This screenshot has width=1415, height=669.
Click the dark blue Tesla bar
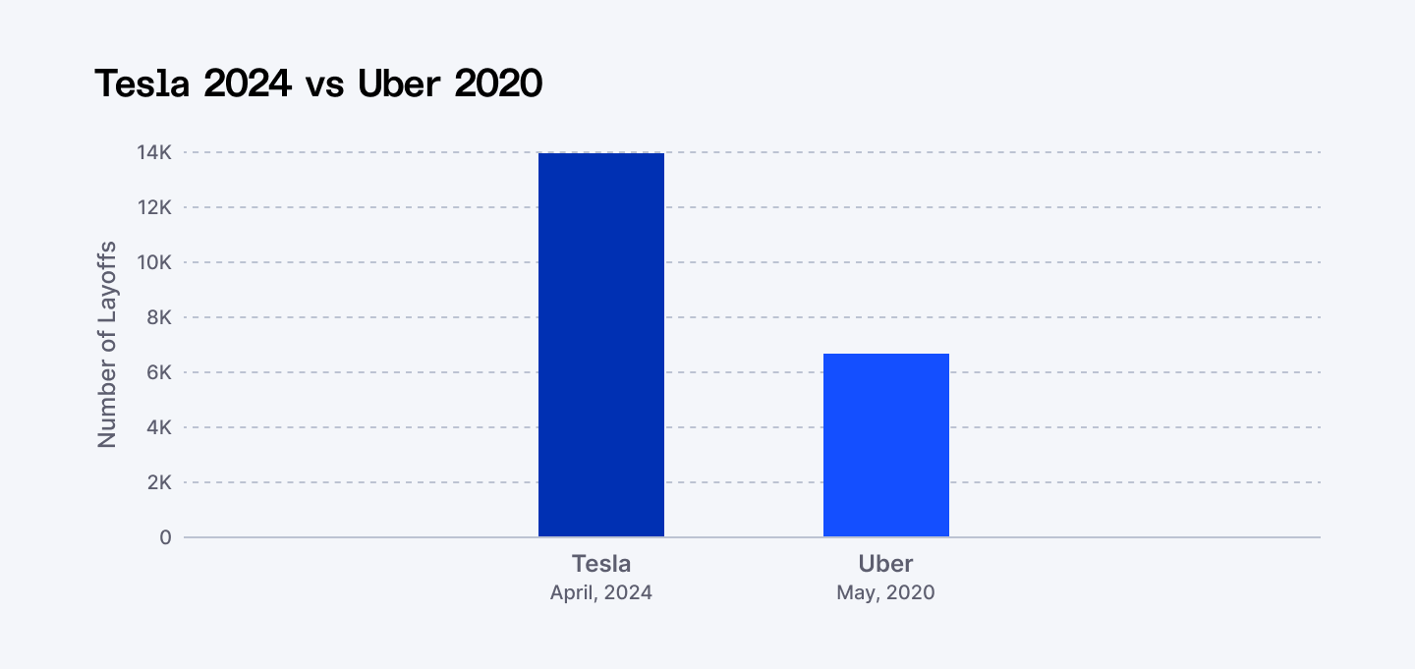(x=600, y=345)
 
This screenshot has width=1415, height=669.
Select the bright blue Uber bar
(x=885, y=445)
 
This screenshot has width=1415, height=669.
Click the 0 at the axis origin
(x=165, y=538)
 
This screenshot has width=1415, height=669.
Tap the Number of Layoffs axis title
(x=107, y=345)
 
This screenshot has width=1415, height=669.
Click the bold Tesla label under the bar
(x=600, y=564)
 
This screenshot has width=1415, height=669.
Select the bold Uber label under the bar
(x=885, y=564)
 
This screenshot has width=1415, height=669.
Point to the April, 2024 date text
(x=600, y=593)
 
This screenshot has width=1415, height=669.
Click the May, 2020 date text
(x=885, y=593)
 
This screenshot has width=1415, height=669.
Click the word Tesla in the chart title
(x=144, y=84)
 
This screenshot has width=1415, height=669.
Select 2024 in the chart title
(x=248, y=84)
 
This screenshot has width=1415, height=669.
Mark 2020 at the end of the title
(x=498, y=84)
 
